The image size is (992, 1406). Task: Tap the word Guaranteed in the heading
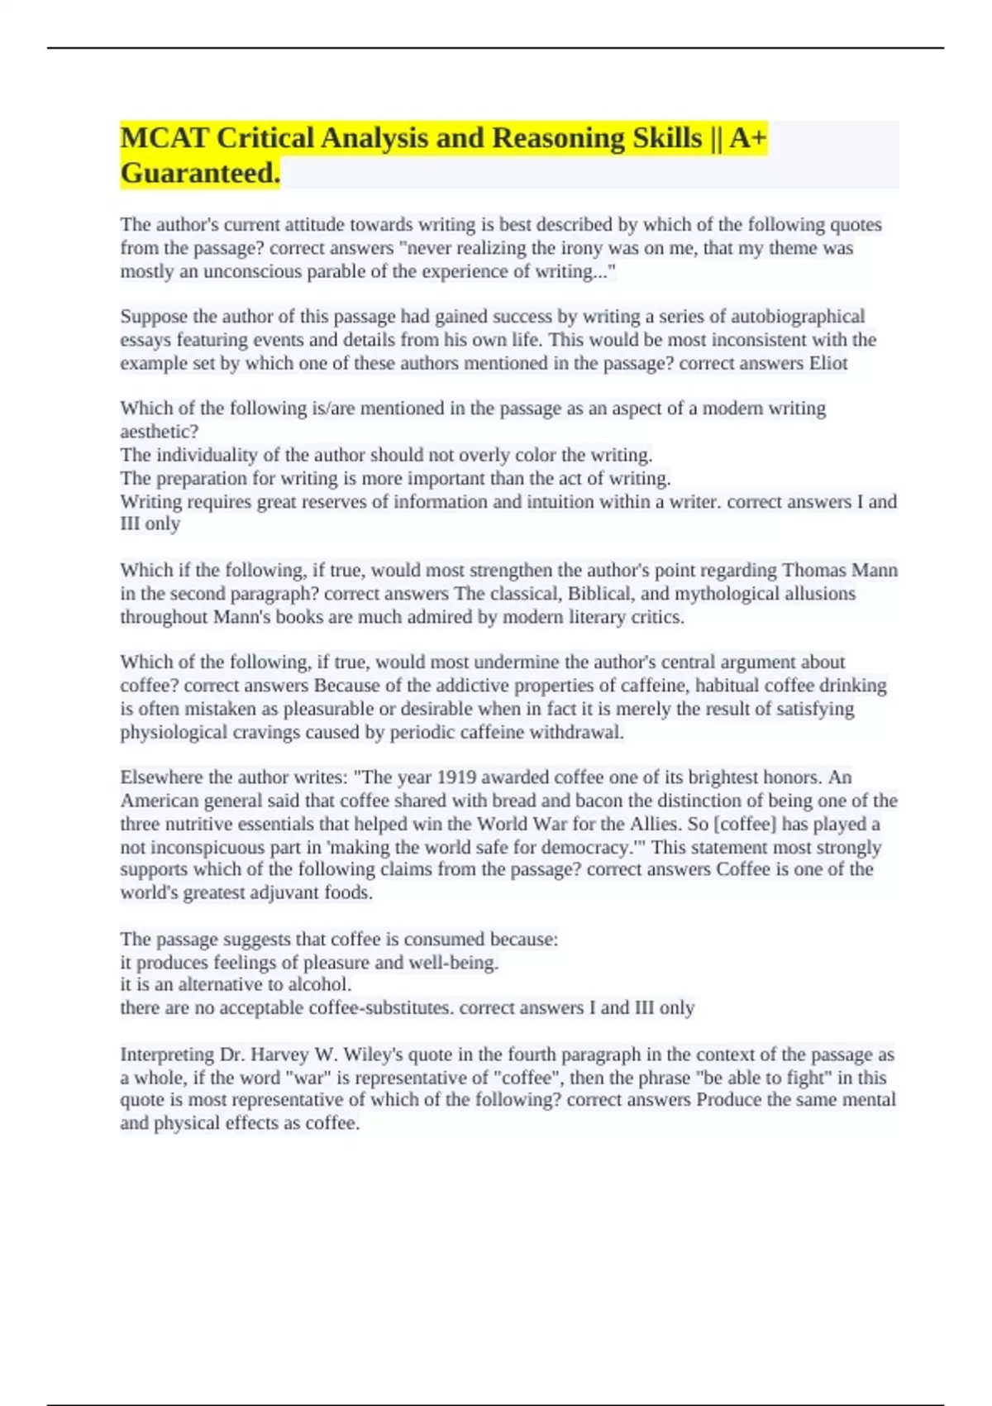pyautogui.click(x=198, y=174)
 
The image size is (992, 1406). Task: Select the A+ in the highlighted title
pyautogui.click(x=748, y=138)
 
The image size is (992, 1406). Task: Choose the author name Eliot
pyautogui.click(x=828, y=363)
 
